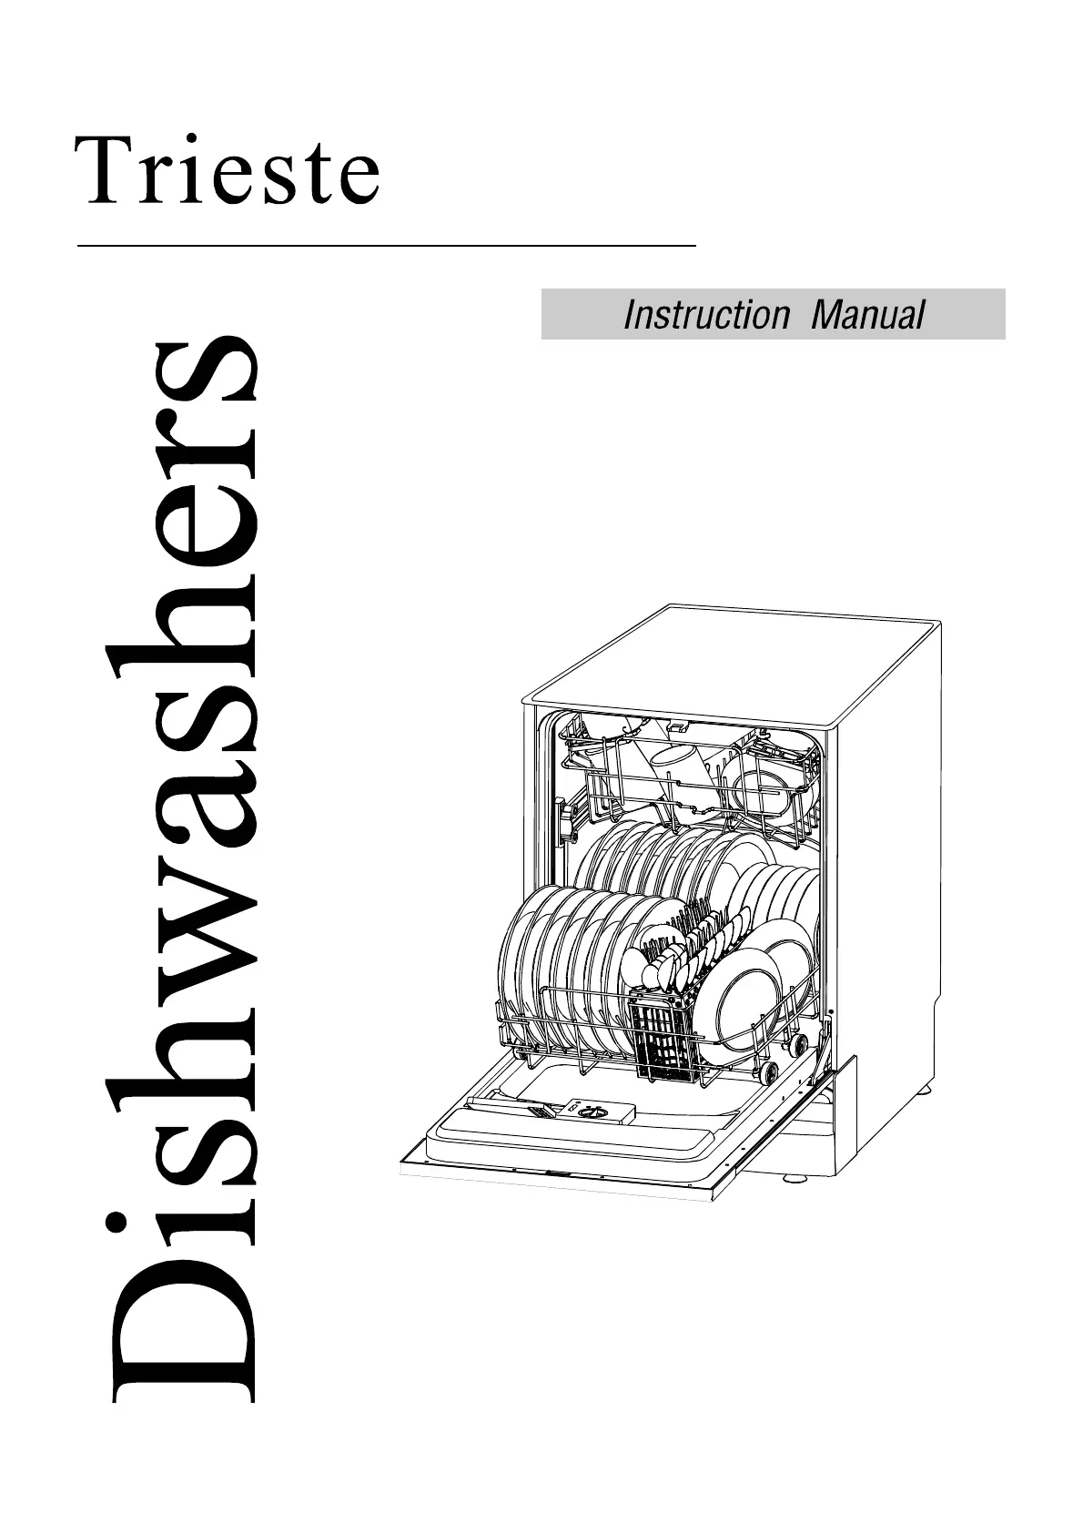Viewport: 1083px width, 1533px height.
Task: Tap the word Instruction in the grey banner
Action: click(706, 315)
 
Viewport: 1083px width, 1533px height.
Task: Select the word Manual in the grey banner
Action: click(867, 315)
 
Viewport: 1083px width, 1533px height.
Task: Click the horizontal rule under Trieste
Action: click(387, 246)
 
